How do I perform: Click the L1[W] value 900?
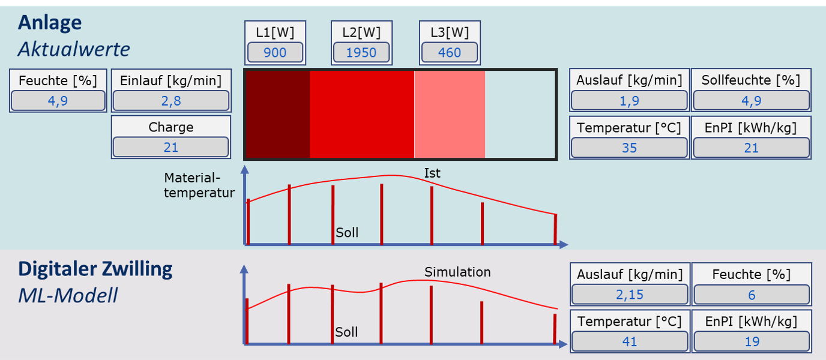[275, 52]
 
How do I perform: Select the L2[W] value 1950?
[361, 52]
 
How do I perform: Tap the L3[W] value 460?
[450, 52]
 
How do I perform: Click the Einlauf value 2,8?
[171, 101]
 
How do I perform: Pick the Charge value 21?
[171, 147]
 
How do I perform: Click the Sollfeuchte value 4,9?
[751, 101]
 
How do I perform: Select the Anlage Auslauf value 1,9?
[629, 101]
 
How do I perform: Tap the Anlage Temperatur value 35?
[629, 148]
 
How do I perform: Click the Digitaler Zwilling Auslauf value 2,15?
[630, 295]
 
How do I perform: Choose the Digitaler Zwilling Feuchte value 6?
[752, 295]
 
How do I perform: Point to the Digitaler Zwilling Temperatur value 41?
[630, 341]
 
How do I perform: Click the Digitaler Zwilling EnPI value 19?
[752, 341]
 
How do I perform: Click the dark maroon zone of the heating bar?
[278, 114]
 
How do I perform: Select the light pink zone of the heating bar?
[450, 114]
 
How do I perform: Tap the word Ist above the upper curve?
[432, 173]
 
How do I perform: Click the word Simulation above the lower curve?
[457, 272]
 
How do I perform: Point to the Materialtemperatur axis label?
[199, 185]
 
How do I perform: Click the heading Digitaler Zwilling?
[95, 269]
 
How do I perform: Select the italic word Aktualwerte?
[74, 49]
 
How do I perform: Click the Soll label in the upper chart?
[347, 233]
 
